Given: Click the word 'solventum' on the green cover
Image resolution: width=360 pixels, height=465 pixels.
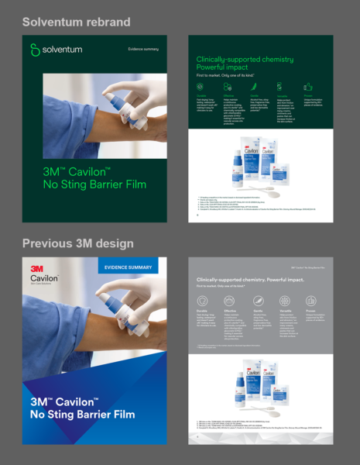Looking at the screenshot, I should [61, 50].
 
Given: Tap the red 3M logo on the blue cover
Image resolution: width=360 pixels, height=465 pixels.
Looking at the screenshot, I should [36, 268].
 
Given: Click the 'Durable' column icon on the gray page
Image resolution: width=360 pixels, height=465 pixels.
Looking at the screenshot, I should [203, 300].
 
